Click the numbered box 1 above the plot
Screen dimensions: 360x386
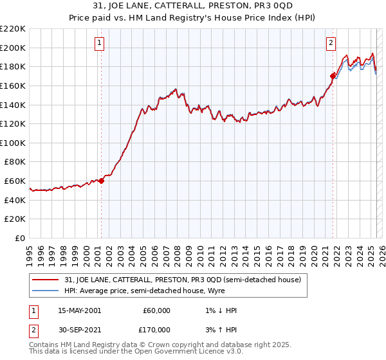[100, 43]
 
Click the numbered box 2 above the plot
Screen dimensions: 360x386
[331, 43]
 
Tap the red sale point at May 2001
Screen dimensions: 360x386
[102, 181]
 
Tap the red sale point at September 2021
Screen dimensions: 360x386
[333, 76]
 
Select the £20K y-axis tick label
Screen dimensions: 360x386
[15, 219]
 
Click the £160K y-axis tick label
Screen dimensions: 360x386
[13, 85]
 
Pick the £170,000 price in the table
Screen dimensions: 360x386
[156, 329]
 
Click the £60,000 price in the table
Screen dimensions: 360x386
[156, 310]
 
